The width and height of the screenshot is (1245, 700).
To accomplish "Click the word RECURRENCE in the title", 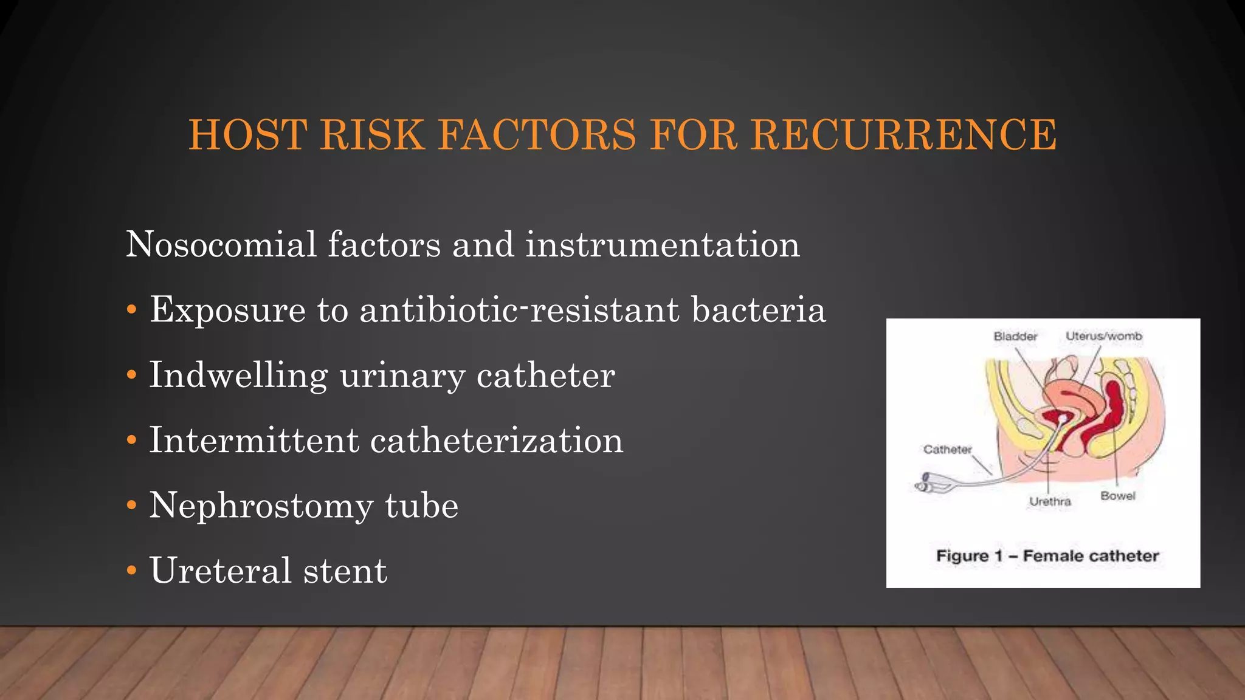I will (903, 134).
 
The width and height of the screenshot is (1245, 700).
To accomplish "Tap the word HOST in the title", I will (247, 134).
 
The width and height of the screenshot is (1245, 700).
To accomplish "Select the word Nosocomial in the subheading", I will (221, 245).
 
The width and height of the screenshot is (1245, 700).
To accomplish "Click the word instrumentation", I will (662, 245).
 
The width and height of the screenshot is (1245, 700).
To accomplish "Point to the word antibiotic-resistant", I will (520, 310).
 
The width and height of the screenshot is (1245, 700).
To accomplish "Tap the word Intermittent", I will (254, 441).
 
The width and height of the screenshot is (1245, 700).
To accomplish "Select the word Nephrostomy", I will (261, 506).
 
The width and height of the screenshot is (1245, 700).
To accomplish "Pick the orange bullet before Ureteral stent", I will (131, 571).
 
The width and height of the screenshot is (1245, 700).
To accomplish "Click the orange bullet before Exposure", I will (131, 311).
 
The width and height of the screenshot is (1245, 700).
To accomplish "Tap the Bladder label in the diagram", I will (1015, 336).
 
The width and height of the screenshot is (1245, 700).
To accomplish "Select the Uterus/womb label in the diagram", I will (1104, 336).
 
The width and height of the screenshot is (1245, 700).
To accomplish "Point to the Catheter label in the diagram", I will (947, 450).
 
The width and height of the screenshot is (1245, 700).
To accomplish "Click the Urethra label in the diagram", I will (1050, 501).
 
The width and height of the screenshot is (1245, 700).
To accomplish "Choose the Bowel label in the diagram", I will (1118, 496).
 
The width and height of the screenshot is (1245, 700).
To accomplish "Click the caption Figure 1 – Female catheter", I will (1047, 556).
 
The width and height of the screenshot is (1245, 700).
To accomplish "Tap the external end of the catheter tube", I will (926, 483).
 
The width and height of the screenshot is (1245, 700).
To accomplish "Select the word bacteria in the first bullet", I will (759, 310).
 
